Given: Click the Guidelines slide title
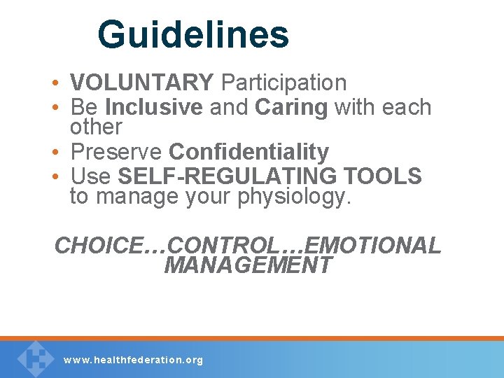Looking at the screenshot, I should click(x=192, y=34).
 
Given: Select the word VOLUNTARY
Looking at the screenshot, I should click(x=142, y=83).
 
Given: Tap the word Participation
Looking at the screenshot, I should click(x=283, y=83).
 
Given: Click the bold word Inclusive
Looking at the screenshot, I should click(x=153, y=107).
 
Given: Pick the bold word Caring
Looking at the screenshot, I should click(x=291, y=107).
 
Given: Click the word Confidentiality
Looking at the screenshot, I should click(x=249, y=152).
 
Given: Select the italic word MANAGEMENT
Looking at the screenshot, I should click(x=248, y=266).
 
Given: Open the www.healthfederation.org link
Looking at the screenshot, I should click(x=133, y=360).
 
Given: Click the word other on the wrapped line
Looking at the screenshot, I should click(x=96, y=127).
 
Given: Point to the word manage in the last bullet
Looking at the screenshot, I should click(x=137, y=197).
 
